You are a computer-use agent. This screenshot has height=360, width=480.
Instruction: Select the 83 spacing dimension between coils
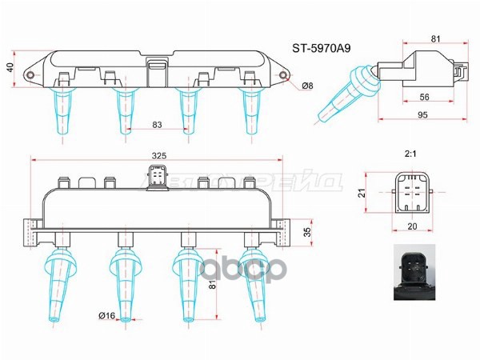tap(156, 124)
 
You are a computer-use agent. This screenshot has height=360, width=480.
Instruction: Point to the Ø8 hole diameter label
tap(307, 86)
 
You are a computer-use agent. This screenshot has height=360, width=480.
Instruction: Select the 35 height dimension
tap(307, 232)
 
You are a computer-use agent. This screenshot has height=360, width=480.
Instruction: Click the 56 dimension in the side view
tap(425, 97)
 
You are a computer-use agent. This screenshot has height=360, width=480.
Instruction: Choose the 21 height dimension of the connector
tap(361, 192)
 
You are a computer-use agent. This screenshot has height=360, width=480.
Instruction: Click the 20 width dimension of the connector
tap(411, 226)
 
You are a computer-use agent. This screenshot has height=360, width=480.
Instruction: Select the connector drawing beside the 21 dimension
tap(411, 193)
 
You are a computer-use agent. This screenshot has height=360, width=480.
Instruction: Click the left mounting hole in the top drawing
tap(31, 76)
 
